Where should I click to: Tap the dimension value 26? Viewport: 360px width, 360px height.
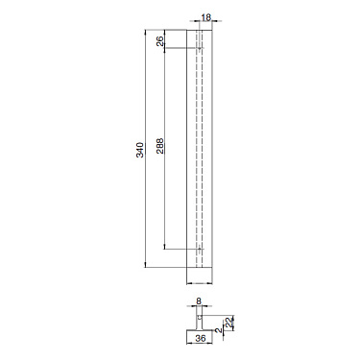(x=159, y=40)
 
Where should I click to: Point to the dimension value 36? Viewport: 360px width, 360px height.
(x=199, y=337)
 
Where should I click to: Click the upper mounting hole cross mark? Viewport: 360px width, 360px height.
(x=199, y=48)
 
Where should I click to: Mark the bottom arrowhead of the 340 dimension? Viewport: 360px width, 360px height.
(x=147, y=264)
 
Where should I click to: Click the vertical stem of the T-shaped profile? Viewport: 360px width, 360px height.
(x=199, y=317)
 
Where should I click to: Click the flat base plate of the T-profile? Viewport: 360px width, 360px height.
(x=199, y=328)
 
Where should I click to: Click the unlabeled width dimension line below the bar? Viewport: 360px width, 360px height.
(x=199, y=281)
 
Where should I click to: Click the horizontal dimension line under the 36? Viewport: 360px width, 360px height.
(x=199, y=343)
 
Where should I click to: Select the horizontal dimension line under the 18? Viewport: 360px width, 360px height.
(x=199, y=23)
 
